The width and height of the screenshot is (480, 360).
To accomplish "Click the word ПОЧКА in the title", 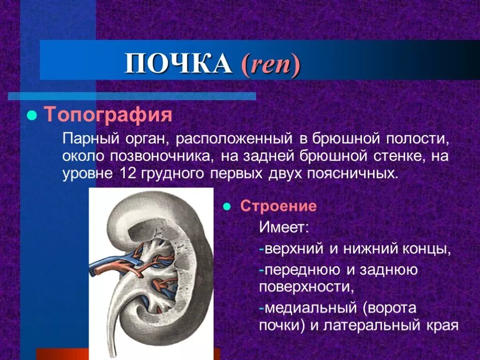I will pyautogui.click(x=178, y=64).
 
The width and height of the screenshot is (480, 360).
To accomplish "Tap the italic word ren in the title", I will pyautogui.click(x=270, y=65).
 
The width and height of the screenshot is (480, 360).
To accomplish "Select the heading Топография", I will pyautogui.click(x=108, y=115).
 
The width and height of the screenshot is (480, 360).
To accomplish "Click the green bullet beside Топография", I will pyautogui.click(x=32, y=115).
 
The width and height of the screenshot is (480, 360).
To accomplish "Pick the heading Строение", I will pyautogui.click(x=278, y=207).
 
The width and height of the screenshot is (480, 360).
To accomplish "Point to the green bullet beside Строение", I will pyautogui.click(x=226, y=207).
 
